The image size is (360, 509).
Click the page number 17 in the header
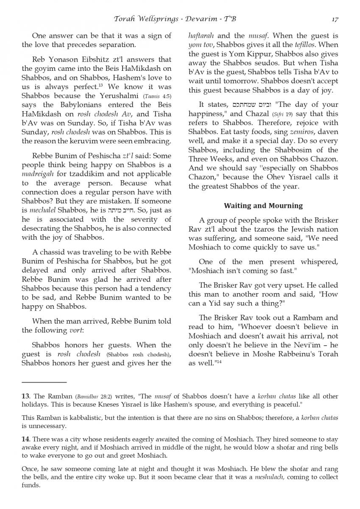coord(335,19)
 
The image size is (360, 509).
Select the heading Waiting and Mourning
coord(263,206)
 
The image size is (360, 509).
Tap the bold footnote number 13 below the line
coord(25,397)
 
